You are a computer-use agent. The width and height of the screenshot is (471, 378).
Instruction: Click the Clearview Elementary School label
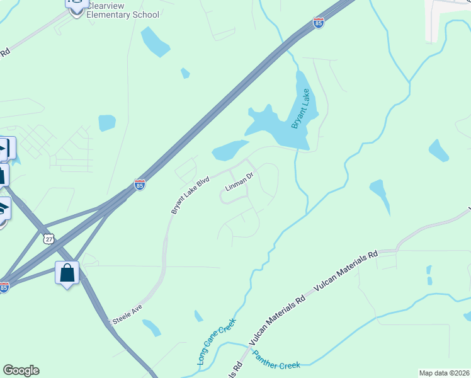122,9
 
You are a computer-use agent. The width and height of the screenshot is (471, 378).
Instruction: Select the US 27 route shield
50,239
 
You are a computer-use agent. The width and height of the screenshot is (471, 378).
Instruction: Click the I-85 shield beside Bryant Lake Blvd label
140,185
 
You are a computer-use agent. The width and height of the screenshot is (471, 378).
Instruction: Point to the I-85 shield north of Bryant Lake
319,23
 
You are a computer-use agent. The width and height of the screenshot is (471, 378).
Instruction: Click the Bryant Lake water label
302,109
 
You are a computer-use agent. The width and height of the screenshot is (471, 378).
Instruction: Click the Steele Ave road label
128,314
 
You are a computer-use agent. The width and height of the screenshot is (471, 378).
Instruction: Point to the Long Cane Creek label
216,345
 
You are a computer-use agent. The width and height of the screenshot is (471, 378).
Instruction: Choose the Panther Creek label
276,359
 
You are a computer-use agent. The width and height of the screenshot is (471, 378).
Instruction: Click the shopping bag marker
67,273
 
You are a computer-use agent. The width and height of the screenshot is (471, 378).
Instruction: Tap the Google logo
21,370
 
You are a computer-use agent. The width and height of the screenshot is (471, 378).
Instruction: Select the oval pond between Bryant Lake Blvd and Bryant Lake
230,151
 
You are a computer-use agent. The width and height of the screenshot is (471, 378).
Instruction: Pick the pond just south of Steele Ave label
152,328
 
